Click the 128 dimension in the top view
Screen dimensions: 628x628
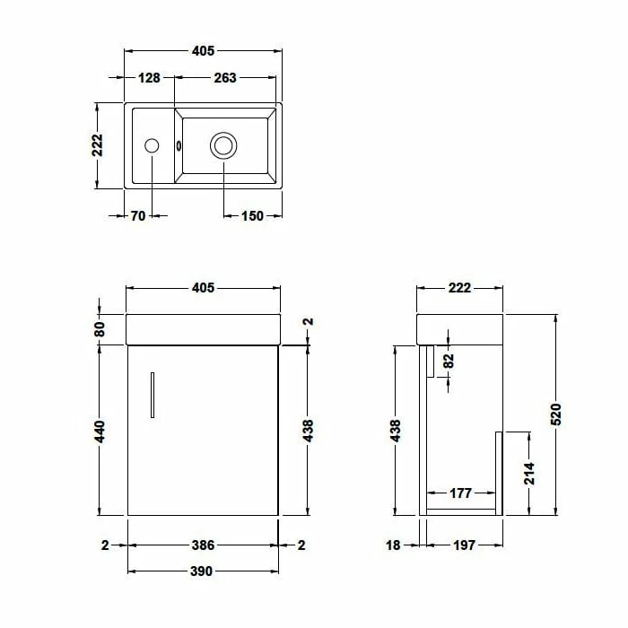point(149,78)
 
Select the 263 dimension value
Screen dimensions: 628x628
point(224,78)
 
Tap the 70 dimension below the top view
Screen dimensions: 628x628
point(138,215)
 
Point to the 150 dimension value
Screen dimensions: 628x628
point(253,215)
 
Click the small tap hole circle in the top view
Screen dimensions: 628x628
point(152,144)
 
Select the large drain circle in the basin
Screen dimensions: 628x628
point(223,144)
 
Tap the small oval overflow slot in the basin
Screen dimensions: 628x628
point(180,145)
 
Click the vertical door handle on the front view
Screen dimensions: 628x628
point(153,394)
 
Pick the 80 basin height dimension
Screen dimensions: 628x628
point(100,329)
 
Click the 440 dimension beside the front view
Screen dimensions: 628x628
point(100,431)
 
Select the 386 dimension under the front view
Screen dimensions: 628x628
point(203,545)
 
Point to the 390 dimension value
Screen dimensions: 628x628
point(203,571)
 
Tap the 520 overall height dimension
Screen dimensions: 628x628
point(555,414)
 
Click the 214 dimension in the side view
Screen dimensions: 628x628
point(529,474)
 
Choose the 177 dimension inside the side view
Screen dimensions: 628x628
point(461,493)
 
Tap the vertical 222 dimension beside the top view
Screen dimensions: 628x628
point(98,145)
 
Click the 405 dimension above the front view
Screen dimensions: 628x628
point(203,288)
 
